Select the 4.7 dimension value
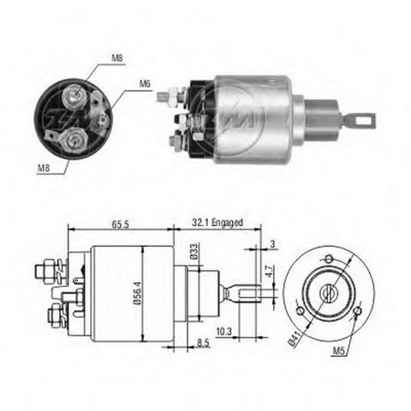(x=268, y=273)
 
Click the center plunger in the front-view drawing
(x=327, y=292)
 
